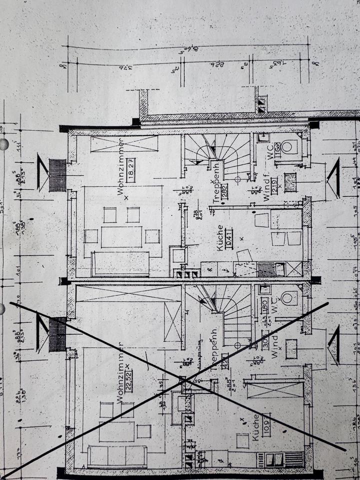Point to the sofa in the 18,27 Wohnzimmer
click(x=120, y=263)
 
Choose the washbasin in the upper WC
click(x=263, y=137)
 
